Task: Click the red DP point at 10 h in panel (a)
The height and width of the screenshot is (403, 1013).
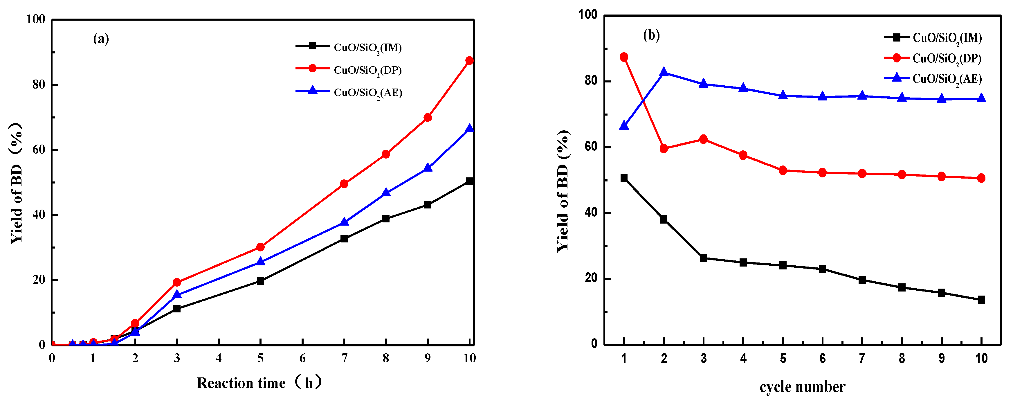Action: (x=469, y=61)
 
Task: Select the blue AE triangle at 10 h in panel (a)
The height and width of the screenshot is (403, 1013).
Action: (x=469, y=129)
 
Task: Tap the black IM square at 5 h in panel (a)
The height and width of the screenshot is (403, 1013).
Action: (x=260, y=281)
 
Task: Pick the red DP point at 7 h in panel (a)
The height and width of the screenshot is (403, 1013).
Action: (x=344, y=184)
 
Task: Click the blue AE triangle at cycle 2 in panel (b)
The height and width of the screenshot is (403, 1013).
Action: (x=664, y=72)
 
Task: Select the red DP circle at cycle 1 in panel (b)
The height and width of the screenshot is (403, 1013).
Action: (x=624, y=57)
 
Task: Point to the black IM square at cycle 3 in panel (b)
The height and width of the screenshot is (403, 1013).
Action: (x=704, y=258)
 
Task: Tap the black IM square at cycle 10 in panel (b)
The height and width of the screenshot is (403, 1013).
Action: (x=981, y=300)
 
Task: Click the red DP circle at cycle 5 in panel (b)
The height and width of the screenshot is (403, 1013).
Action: (x=783, y=170)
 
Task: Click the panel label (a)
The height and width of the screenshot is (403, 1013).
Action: (x=101, y=39)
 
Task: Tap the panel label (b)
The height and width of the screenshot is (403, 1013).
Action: (x=651, y=35)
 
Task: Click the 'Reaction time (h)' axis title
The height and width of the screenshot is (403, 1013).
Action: (x=259, y=383)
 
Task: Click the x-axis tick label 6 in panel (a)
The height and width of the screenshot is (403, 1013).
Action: (x=302, y=358)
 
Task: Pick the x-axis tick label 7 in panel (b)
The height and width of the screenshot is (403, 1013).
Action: (x=862, y=358)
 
